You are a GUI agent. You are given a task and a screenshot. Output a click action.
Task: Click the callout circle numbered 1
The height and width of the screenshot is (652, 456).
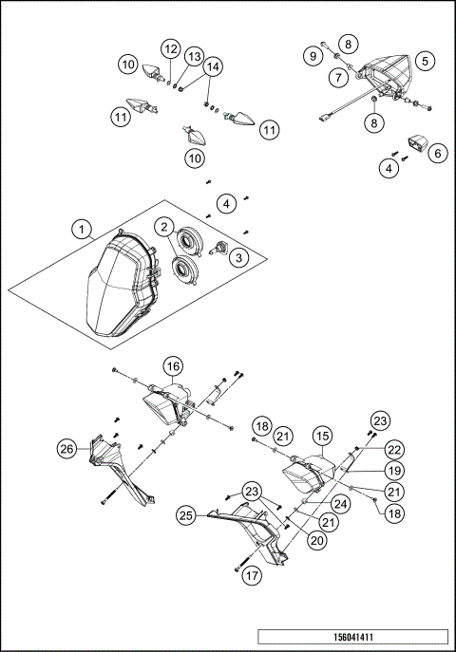pyautogui.click(x=83, y=229)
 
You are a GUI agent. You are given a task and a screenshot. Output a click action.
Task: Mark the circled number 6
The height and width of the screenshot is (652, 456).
pyautogui.click(x=438, y=153)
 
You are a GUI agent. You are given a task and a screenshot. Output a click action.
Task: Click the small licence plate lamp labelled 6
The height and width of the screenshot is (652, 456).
pyautogui.click(x=417, y=143)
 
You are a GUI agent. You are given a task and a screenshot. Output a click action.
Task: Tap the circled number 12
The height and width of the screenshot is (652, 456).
pyautogui.click(x=171, y=48)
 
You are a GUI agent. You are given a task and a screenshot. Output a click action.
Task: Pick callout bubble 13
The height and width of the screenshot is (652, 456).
pyautogui.click(x=193, y=56)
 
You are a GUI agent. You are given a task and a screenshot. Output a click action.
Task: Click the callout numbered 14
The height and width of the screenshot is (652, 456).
pyautogui.click(x=213, y=67)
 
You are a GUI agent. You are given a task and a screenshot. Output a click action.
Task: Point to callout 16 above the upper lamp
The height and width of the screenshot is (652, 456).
pyautogui.click(x=172, y=366)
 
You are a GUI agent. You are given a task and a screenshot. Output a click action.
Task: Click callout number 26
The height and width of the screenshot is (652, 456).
pyautogui.click(x=65, y=449)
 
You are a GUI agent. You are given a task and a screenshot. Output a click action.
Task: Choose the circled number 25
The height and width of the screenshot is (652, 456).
pyautogui.click(x=186, y=515)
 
